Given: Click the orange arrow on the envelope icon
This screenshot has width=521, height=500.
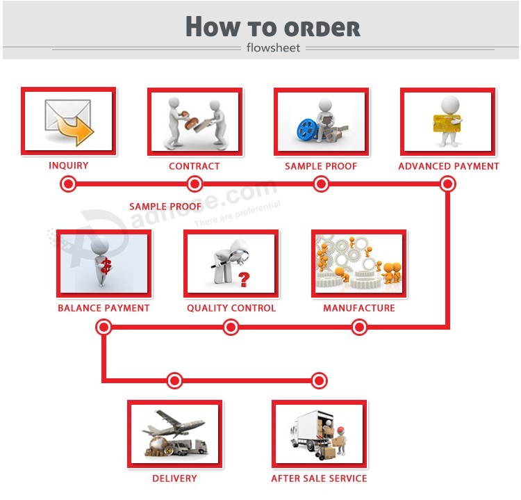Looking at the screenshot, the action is click(76, 131).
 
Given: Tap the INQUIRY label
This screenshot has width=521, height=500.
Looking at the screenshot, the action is click(69, 166).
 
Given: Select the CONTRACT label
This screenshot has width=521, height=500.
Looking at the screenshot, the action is click(195, 166).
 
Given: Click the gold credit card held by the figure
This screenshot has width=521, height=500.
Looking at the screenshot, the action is click(447, 123).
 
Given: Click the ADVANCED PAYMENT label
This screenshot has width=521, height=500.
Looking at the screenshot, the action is click(449, 166).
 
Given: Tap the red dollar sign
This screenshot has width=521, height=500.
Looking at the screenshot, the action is click(106, 266).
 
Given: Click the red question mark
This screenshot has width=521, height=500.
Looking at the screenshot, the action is click(244, 280).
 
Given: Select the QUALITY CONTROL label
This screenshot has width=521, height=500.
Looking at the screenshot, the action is click(231, 308).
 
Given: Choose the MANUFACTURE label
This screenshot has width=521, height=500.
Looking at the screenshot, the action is click(359, 308).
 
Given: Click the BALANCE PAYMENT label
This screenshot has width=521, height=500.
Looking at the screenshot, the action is click(104, 308).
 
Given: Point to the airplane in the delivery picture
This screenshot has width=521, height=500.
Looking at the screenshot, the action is click(174, 424).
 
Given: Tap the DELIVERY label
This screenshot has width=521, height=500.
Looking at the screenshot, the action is click(174, 478).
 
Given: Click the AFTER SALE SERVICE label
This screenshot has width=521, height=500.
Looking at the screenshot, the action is click(319, 478).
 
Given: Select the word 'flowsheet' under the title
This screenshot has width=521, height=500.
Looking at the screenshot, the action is click(273, 48).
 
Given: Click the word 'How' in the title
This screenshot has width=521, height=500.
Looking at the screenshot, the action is click(213, 26).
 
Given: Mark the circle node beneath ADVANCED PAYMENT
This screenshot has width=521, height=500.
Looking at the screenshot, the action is click(447, 184).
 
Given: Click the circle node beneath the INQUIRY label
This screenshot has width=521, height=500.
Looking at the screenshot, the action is click(69, 184).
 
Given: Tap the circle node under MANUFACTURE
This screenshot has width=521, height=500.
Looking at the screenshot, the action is click(359, 328).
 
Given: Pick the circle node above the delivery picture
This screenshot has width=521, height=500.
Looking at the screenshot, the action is click(174, 380).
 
